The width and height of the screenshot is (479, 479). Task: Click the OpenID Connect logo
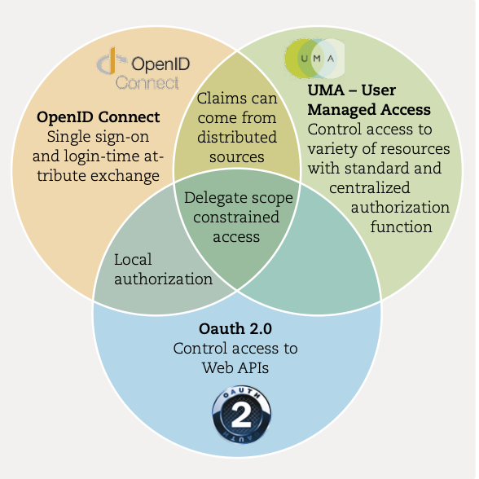coord(143,69)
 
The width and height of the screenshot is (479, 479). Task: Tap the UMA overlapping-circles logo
coord(314,59)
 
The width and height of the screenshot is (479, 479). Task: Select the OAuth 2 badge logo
coord(241,414)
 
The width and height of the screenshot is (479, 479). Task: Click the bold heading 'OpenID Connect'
coord(98,117)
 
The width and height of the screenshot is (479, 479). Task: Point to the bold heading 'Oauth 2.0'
coord(235,329)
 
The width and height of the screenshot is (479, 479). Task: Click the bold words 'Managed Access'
coord(369,110)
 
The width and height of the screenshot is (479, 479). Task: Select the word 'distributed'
coord(237,138)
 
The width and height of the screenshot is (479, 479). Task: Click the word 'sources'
coord(237,157)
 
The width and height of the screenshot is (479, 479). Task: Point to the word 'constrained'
coord(236,218)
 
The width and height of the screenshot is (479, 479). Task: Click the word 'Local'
coord(133,260)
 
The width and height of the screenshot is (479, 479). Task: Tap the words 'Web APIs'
coord(235,368)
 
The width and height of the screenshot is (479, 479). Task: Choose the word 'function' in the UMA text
coord(401,227)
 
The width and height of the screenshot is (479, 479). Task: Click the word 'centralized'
coord(370,188)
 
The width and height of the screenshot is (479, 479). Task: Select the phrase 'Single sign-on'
coord(98,137)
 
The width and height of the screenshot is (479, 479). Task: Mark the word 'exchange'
coord(125,176)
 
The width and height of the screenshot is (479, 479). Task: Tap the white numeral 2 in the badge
coord(241,415)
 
